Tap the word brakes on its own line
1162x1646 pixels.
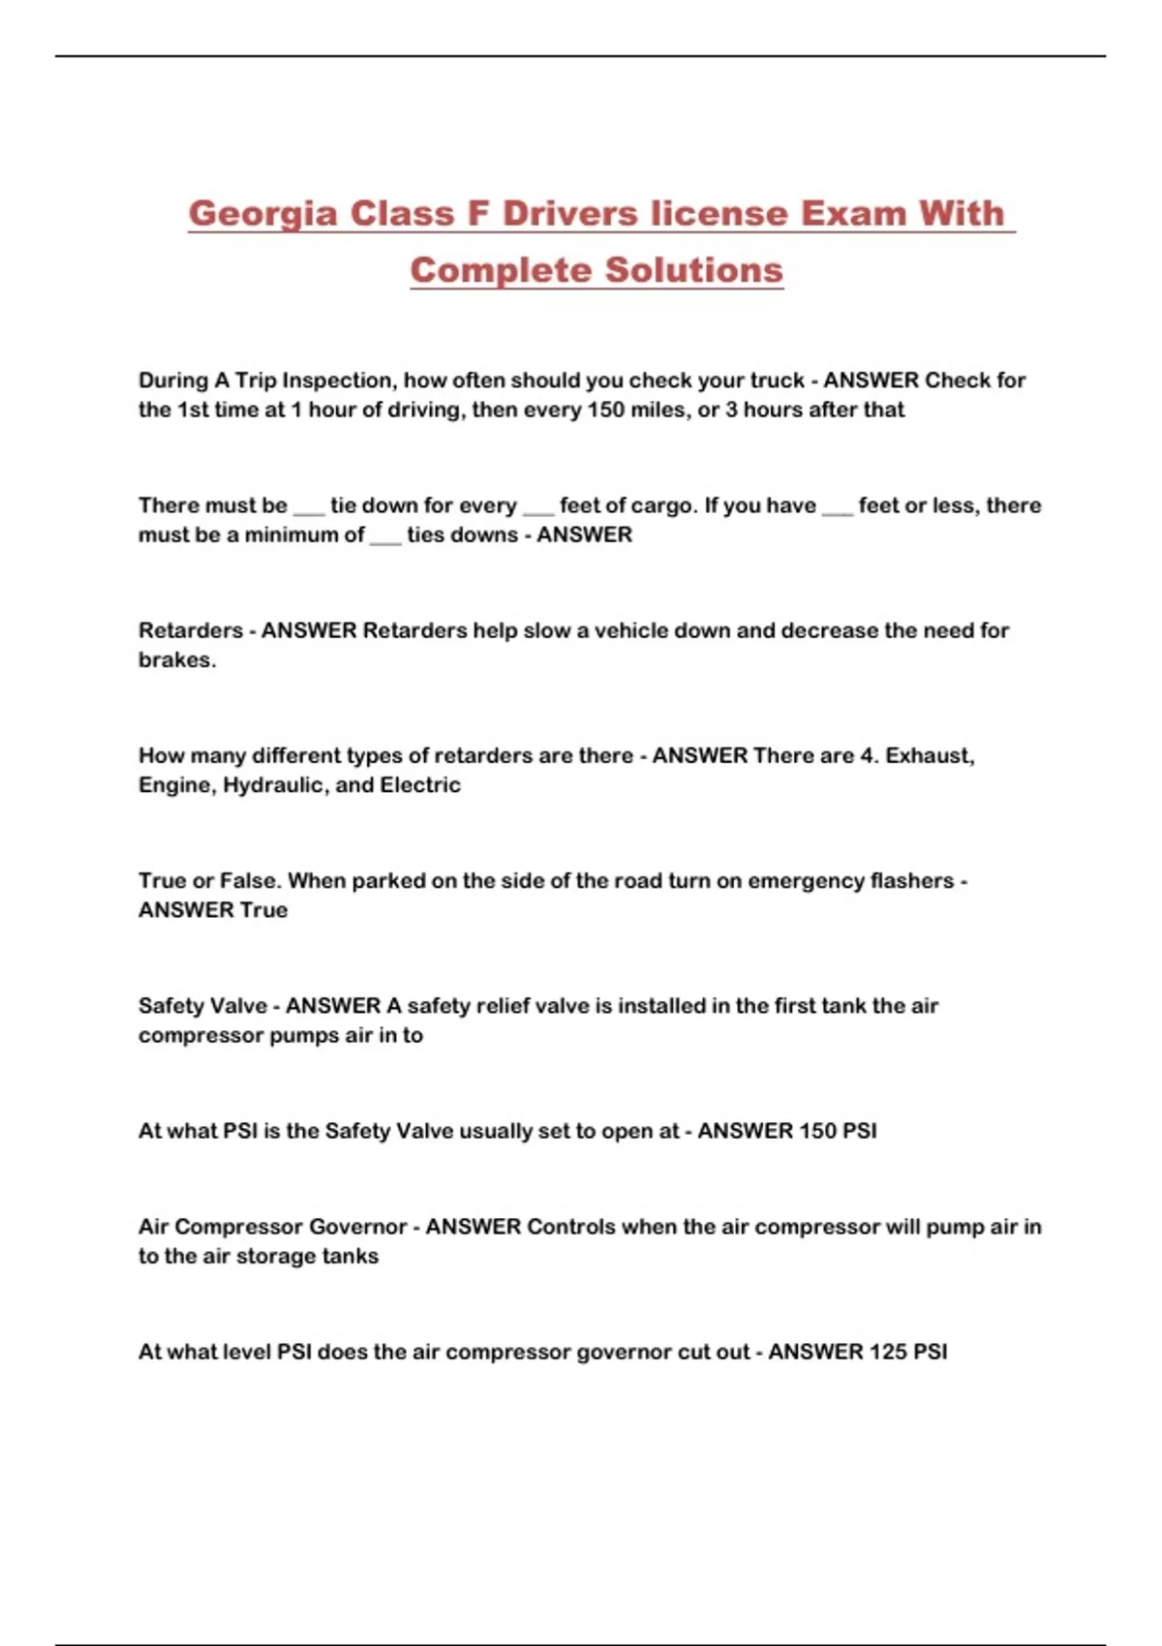pyautogui.click(x=175, y=660)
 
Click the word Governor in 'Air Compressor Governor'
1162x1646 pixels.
pyautogui.click(x=357, y=1227)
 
